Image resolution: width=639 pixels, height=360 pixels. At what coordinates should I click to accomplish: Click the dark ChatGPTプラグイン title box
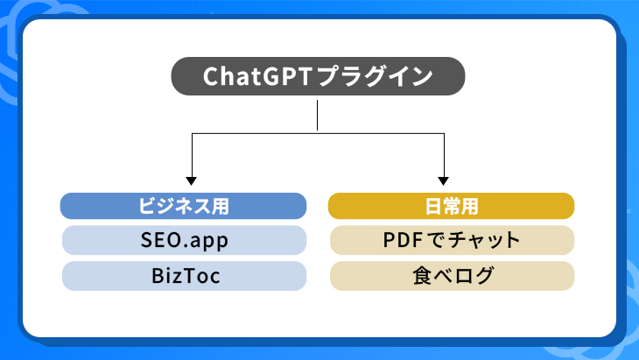[318, 76]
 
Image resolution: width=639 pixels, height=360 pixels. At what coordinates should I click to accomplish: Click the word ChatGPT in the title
[257, 76]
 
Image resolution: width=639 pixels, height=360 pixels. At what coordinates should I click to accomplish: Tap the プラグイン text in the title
[375, 76]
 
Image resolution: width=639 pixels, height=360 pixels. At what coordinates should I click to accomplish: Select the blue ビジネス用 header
[184, 206]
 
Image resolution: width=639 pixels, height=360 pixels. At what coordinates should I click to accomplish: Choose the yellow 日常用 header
[451, 206]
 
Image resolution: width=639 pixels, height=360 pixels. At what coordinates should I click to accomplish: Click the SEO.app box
[184, 240]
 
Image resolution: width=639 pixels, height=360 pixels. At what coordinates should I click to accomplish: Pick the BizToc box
[184, 276]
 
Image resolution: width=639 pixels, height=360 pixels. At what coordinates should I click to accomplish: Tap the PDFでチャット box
[452, 240]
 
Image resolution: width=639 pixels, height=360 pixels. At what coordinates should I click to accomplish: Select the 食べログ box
[452, 276]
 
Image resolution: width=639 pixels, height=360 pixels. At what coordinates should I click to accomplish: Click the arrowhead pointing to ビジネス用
[192, 180]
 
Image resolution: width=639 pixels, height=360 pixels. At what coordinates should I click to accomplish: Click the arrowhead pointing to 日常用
[444, 180]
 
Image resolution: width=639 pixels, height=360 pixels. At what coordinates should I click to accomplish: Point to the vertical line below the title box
[317, 116]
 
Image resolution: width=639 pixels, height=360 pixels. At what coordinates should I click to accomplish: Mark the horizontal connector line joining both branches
[318, 133]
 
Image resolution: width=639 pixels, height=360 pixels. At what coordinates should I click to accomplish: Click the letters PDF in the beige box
[403, 240]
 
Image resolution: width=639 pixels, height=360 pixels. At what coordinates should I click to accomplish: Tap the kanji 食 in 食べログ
[422, 276]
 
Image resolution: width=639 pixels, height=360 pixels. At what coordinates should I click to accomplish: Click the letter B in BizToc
[158, 276]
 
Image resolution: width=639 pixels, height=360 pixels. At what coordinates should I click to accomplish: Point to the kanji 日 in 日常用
[433, 206]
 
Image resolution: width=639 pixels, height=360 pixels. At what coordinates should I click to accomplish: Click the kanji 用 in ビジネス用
[221, 206]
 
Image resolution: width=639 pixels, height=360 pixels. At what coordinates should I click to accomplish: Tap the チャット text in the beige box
[484, 240]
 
